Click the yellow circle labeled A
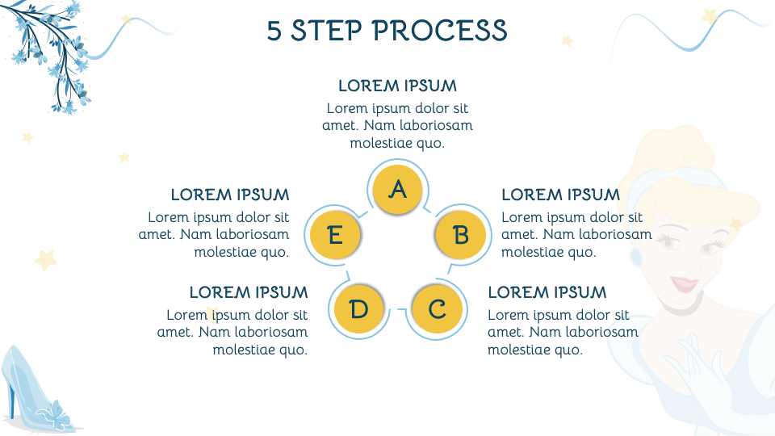click(x=397, y=190)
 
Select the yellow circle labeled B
click(x=460, y=235)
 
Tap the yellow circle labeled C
click(x=437, y=309)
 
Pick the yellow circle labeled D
click(x=359, y=309)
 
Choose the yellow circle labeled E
click(x=335, y=236)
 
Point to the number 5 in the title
click(x=275, y=31)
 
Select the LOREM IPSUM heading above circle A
click(x=397, y=86)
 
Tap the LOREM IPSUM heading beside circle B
click(x=560, y=195)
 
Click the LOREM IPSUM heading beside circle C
click(x=547, y=292)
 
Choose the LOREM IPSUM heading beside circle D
click(x=249, y=292)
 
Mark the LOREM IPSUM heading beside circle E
click(x=230, y=195)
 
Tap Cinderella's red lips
click(x=685, y=283)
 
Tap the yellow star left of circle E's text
click(x=46, y=259)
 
